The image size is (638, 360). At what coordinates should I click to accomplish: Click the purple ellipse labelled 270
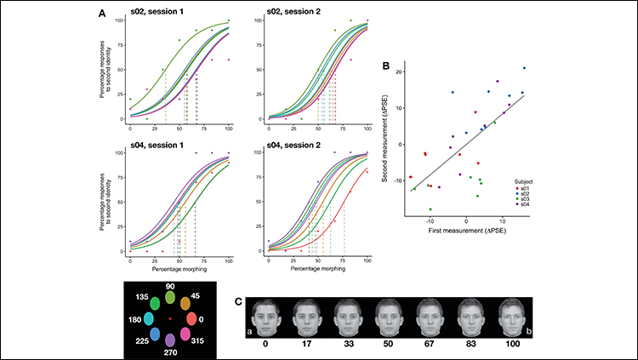coord(170,341)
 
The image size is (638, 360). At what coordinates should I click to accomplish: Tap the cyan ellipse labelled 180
coord(149,318)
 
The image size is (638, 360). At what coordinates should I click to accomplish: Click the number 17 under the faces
coord(303,346)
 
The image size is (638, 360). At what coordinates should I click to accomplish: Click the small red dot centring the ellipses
coord(170,318)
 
